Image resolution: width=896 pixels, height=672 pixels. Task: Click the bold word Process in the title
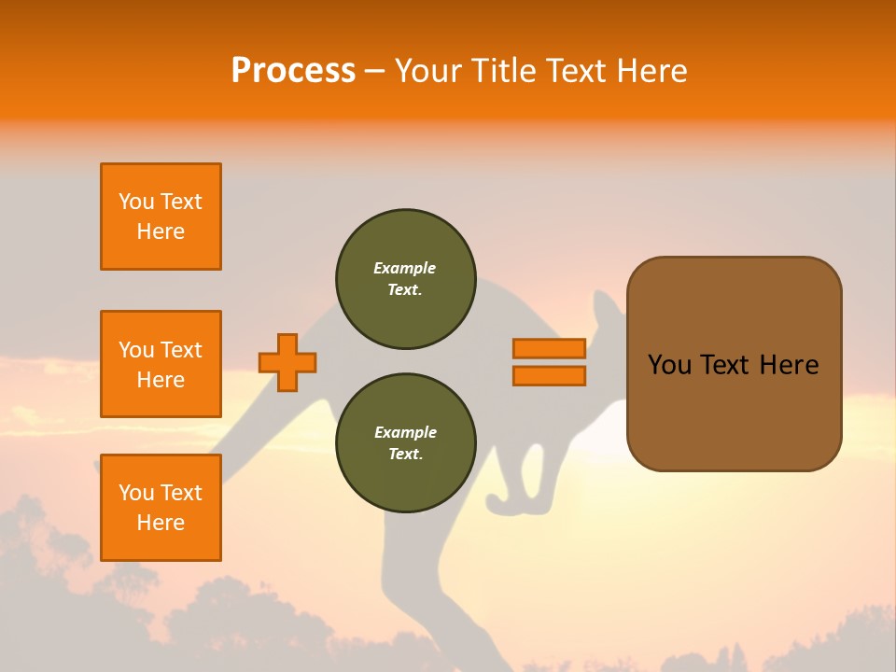[x=293, y=71]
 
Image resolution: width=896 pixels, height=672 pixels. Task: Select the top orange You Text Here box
[x=161, y=217]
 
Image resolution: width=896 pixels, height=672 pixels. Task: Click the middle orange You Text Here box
[x=161, y=364]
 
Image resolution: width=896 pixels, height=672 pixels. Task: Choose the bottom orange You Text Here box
[x=161, y=508]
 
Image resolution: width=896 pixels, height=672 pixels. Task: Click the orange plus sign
[x=287, y=362]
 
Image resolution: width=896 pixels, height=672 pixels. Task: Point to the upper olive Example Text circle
[x=405, y=279]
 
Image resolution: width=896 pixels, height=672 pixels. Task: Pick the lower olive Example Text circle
[x=405, y=443]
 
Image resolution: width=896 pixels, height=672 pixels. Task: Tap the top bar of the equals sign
[x=549, y=348]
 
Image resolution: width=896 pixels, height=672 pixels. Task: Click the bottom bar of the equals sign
[x=549, y=375]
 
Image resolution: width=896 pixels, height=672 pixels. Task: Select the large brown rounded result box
[x=734, y=411]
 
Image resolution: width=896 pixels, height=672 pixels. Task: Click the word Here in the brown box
[x=789, y=365]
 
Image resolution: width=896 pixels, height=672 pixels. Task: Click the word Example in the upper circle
[x=405, y=268]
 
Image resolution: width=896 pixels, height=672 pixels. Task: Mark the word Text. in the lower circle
[x=405, y=455]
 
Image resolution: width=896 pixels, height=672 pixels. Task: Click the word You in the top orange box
[x=136, y=202]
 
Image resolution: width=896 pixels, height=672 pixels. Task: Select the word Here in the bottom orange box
[x=161, y=523]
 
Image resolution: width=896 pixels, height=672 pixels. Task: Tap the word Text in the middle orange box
[x=181, y=350]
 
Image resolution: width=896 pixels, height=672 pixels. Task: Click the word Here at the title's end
[x=652, y=71]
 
